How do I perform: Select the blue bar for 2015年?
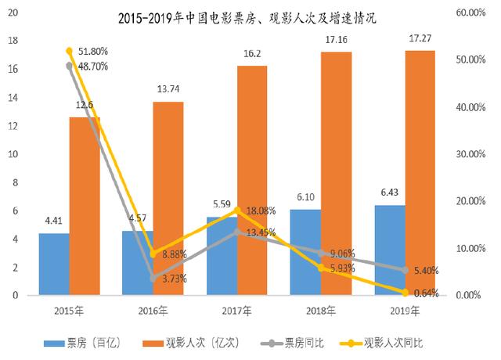click(54, 265)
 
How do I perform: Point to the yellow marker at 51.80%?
click(69, 51)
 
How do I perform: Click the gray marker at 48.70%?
click(69, 66)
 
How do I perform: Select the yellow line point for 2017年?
click(238, 210)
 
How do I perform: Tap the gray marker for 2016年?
click(153, 278)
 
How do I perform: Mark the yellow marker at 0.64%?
click(406, 293)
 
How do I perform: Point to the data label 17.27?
click(421, 40)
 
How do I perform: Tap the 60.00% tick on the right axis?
click(470, 13)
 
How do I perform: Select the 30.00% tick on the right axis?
click(470, 154)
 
